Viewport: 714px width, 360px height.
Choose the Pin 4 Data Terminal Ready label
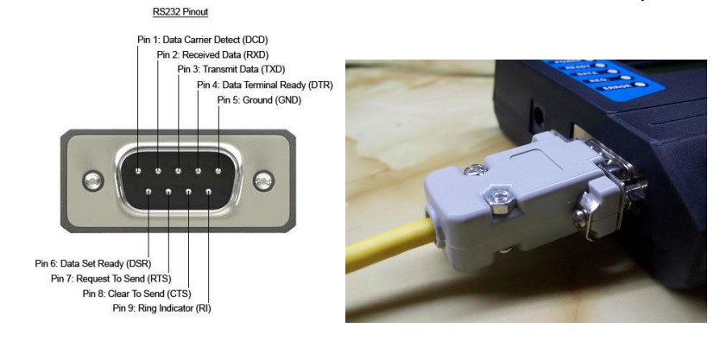coord(264,85)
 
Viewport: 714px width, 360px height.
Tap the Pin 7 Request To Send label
coord(104,279)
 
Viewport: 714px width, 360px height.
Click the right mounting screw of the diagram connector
coord(263,181)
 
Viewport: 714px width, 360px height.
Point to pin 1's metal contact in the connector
coord(138,172)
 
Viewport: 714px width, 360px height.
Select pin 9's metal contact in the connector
coord(208,192)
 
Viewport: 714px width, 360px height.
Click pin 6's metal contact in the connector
coord(148,192)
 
